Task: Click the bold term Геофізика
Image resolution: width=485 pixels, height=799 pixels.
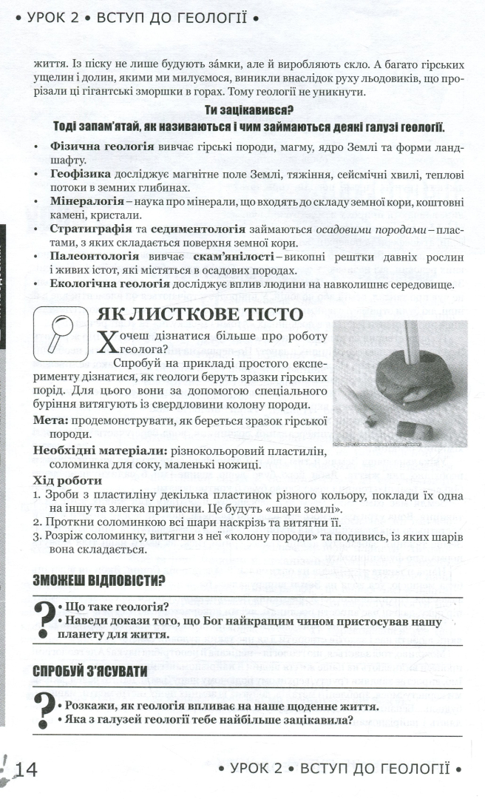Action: click(x=79, y=173)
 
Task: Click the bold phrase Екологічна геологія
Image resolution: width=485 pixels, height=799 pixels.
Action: click(x=102, y=283)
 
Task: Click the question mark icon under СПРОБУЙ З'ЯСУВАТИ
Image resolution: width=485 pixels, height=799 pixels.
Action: click(x=43, y=712)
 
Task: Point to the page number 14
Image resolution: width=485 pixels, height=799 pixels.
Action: click(x=24, y=769)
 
